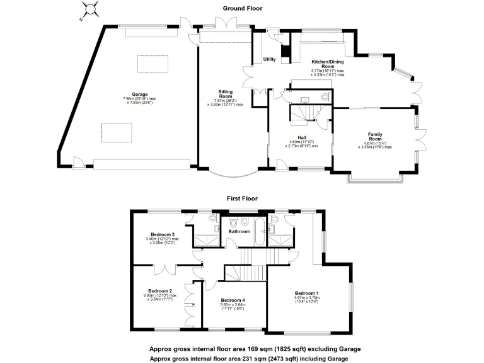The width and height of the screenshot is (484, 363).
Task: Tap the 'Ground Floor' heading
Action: coord(242,8)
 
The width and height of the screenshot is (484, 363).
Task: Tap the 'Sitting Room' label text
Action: coord(224,94)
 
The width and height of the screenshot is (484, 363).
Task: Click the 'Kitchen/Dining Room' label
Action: coord(327,64)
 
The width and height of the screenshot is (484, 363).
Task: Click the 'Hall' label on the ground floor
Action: coord(301,137)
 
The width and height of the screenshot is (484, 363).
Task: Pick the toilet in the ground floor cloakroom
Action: coord(324,97)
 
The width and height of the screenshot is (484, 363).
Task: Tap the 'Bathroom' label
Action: coord(239,231)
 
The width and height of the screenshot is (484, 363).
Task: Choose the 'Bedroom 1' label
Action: coord(308,293)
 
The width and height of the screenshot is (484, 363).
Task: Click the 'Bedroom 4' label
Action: coord(233,300)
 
